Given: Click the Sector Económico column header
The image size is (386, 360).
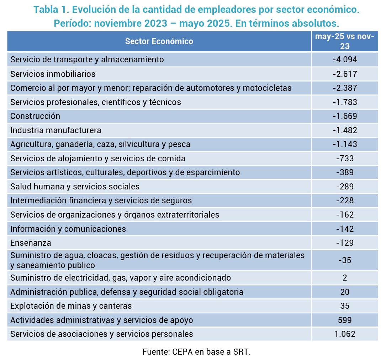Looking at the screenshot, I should coord(159,41).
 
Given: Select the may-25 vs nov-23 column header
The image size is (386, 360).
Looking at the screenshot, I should coord(344,41).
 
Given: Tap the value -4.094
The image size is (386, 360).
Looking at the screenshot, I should coord(344,59).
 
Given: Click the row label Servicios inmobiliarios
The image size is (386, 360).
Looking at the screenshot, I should coord(53,74).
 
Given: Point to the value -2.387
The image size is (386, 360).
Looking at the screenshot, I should coord(344,88).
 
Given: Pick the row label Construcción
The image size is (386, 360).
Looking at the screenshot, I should coord(35,116).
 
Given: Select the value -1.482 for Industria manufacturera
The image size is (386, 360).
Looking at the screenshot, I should coord(344,130).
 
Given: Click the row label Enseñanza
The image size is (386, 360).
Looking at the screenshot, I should coord(31,243).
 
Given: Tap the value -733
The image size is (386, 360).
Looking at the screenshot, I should coord(344,158).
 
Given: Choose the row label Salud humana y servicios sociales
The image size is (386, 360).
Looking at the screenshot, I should coord(75,187).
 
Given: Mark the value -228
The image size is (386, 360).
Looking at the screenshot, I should coord(344,200).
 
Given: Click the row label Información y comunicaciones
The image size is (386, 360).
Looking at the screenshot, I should coord(68,229).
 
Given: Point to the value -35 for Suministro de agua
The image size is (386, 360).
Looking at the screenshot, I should coord(344,260).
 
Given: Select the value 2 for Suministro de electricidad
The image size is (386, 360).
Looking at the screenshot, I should coord(344,278).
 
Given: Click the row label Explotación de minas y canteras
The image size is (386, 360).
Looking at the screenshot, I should coord(71,306).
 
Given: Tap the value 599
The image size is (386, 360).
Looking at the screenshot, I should coord(344,320).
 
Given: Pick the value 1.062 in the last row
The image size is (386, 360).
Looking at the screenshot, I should coord(344,334).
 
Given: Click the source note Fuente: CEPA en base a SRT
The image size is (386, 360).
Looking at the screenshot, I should coord(196,352).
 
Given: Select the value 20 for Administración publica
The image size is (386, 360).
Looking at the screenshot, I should coord(344,292).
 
